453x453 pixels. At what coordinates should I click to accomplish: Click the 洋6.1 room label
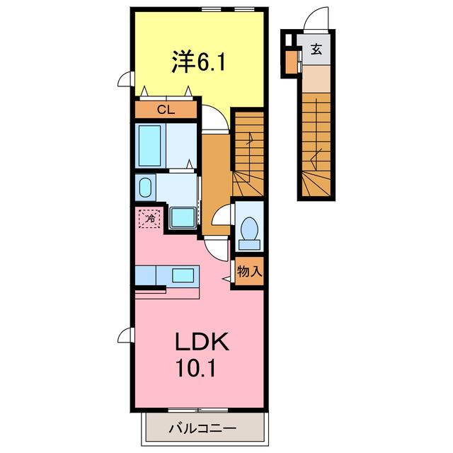click(197, 62)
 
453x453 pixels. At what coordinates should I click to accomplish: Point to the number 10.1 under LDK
click(201, 369)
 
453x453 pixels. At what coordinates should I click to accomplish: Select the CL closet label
click(166, 110)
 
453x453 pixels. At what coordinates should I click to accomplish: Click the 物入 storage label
click(248, 272)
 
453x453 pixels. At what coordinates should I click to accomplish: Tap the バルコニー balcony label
click(202, 428)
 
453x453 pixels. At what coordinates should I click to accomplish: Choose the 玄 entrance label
click(316, 50)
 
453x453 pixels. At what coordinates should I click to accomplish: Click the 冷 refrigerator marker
click(150, 219)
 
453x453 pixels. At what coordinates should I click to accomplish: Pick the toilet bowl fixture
click(248, 231)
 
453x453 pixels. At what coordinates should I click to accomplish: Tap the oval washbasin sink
click(146, 188)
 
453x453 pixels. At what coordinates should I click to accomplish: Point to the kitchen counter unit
click(168, 274)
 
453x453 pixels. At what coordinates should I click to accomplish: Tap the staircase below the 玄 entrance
click(317, 142)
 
